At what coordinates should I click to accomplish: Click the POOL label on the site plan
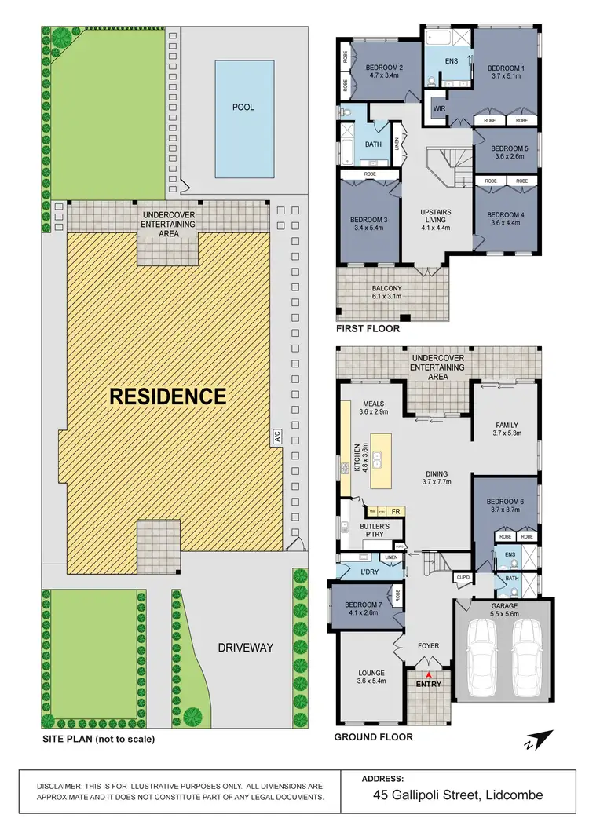(x=243, y=108)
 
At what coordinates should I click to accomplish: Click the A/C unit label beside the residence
(x=276, y=437)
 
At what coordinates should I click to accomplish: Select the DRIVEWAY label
(x=245, y=648)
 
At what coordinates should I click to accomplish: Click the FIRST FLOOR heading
(x=368, y=329)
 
